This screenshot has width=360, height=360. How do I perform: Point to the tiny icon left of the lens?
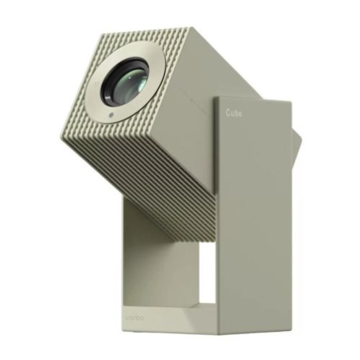(x=95, y=84)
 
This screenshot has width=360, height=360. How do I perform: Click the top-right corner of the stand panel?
(x=291, y=103)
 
